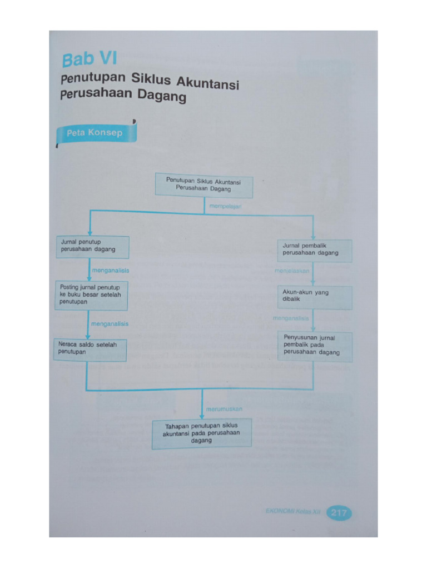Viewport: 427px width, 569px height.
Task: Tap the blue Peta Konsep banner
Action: (95, 133)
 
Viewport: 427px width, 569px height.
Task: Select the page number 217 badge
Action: (339, 513)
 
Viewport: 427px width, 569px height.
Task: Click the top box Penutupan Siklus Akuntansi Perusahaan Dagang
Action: (203, 185)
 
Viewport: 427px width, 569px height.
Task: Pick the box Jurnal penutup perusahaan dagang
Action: (93, 247)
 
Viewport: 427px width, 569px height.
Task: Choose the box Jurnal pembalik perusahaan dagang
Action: (314, 250)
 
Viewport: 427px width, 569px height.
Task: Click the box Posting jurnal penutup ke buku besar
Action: (91, 295)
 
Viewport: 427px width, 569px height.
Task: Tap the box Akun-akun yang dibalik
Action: (314, 297)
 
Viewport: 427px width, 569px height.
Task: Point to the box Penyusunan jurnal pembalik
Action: (314, 345)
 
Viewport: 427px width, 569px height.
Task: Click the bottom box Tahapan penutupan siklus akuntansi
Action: (201, 433)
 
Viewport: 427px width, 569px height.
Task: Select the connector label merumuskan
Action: (224, 409)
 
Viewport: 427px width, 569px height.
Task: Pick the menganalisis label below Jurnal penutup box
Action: (110, 270)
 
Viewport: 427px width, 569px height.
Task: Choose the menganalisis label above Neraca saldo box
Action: (110, 323)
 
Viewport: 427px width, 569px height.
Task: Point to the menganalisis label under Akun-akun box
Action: (291, 318)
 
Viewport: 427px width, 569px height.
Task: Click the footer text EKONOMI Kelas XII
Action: (293, 512)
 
